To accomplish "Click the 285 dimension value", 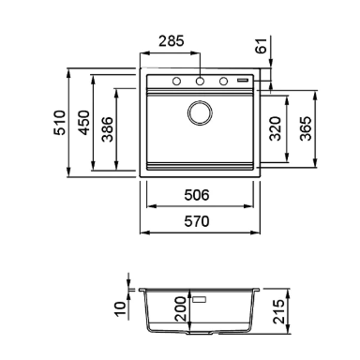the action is click(x=172, y=41).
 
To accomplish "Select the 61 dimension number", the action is click(x=262, y=45).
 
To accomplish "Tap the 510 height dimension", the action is click(x=60, y=123).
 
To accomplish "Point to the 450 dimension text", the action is click(x=83, y=123).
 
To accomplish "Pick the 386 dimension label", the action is click(x=108, y=129).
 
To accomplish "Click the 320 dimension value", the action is click(x=276, y=128).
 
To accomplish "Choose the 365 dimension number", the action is click(x=306, y=128).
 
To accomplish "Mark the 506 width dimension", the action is click(x=197, y=195).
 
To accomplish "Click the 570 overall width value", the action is click(x=197, y=221).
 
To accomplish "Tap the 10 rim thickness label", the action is click(x=120, y=309).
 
